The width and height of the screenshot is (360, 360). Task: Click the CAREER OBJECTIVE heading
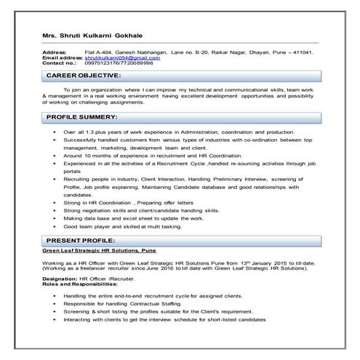84,76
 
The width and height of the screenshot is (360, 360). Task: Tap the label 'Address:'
55,53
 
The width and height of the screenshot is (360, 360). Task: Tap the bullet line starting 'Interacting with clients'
174,319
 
